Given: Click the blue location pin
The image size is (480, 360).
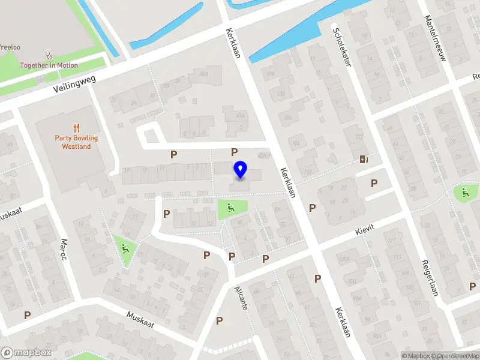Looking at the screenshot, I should click(240, 170).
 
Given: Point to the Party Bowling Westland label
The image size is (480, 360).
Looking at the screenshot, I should click(76, 142).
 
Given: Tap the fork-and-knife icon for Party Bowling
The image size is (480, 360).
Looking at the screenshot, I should click(76, 128).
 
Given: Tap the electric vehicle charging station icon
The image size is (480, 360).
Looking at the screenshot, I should click(363, 160).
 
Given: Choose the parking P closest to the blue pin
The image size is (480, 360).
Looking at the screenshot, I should click(235, 152).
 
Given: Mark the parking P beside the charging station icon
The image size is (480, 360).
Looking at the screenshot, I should click(374, 184).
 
